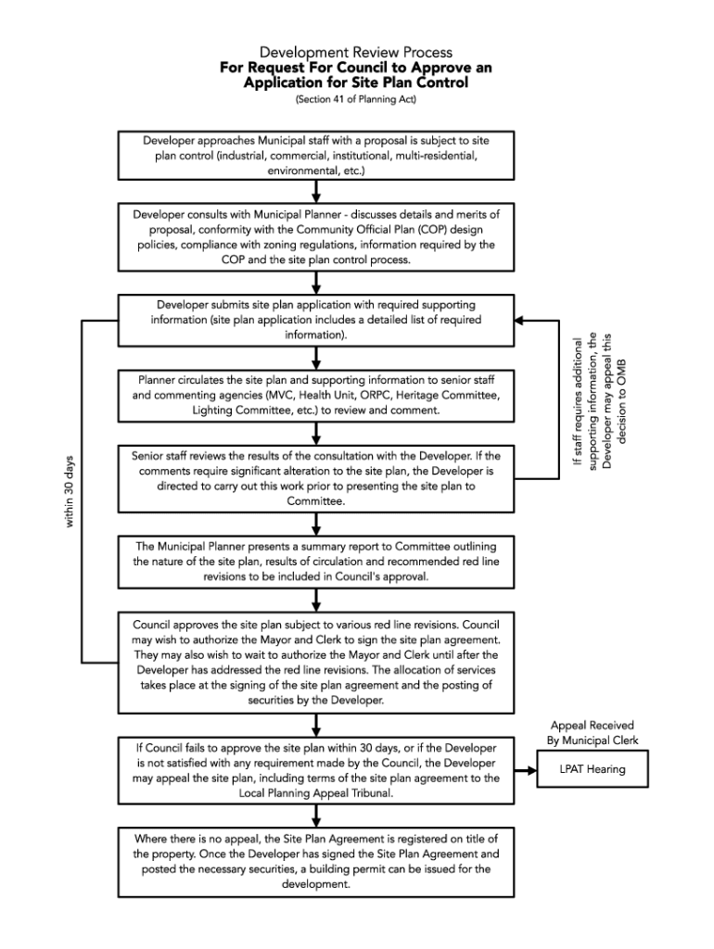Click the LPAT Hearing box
[592, 768]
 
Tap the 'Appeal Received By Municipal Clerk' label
[592, 732]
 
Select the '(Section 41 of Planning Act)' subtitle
[356, 100]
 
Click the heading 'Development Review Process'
[356, 53]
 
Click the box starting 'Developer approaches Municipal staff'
[316, 155]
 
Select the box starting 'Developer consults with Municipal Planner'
[316, 236]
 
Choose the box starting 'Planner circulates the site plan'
[316, 394]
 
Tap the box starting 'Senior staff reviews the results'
[316, 478]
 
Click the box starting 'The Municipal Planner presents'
[316, 561]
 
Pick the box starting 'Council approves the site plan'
[316, 662]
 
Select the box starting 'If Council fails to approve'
[316, 770]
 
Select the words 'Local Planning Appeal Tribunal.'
[317, 794]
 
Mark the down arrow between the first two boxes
[317, 192]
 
